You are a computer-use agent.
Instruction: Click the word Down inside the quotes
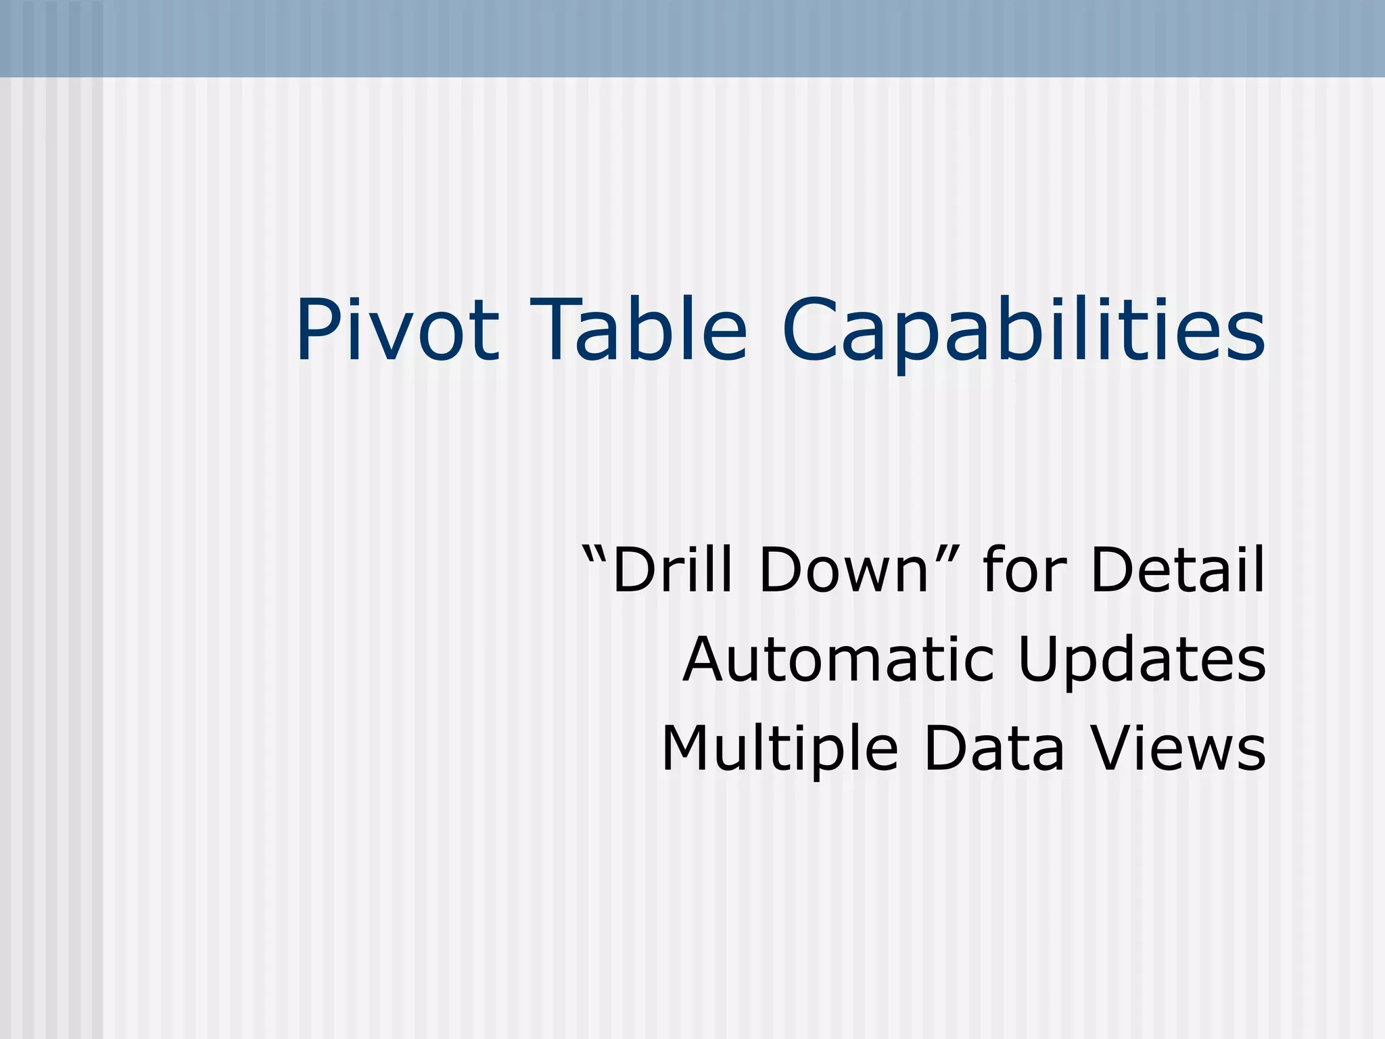(x=844, y=570)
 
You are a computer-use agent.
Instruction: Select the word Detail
(x=1177, y=570)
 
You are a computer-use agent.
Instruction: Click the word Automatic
(x=839, y=659)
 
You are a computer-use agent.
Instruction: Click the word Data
(x=994, y=748)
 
